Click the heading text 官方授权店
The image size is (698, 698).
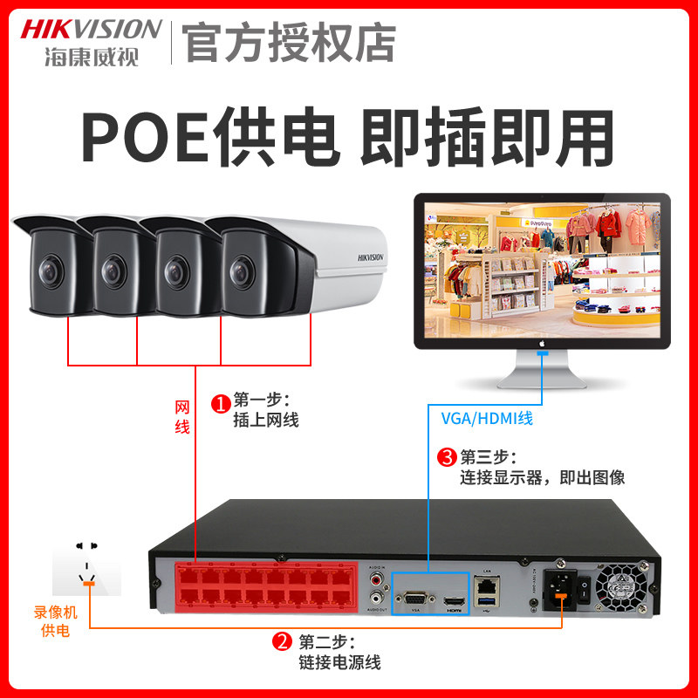click(x=292, y=41)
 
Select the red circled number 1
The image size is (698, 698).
click(x=221, y=403)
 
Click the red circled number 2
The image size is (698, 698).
click(x=282, y=643)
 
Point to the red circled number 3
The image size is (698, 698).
click(x=447, y=457)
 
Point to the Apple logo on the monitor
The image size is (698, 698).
click(x=542, y=344)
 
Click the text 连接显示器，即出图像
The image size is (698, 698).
click(x=542, y=478)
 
